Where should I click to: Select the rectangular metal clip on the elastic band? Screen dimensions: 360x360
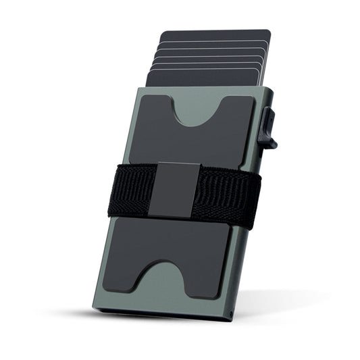click(x=176, y=189)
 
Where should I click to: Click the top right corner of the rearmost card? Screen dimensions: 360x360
click(x=268, y=31)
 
